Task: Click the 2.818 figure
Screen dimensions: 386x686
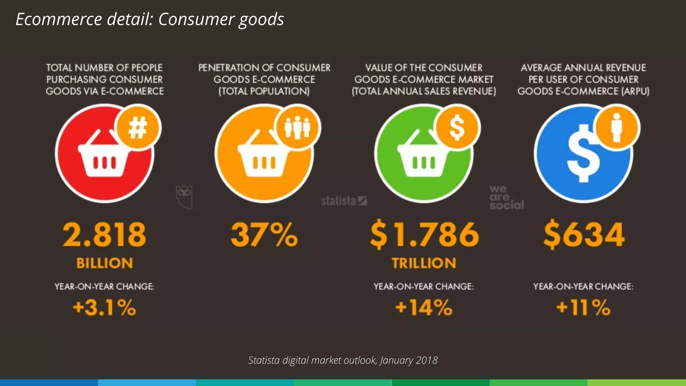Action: coord(104,235)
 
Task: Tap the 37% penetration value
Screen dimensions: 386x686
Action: coord(264,235)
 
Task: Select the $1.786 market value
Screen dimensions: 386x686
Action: coord(424,235)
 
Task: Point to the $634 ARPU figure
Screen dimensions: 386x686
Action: coord(584,235)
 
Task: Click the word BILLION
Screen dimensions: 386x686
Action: coord(105,263)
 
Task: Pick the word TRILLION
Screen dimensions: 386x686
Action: coord(424,263)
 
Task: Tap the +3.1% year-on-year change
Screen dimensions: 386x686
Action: coord(105,308)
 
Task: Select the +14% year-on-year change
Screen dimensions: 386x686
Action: coord(424,308)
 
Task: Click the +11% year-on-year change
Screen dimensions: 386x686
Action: coord(584,308)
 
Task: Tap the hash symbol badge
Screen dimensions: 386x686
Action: coord(138,128)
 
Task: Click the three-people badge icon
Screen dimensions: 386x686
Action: coord(297,128)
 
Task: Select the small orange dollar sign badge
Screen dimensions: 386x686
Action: coord(457,128)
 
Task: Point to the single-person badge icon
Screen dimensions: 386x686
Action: coord(617,128)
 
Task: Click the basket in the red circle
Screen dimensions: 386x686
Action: coord(104,156)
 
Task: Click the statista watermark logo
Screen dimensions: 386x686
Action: coord(344,201)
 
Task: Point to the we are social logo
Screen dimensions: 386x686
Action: coord(506,198)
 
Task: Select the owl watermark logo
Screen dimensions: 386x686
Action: coord(184,197)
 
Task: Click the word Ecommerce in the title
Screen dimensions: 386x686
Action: coord(59,19)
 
